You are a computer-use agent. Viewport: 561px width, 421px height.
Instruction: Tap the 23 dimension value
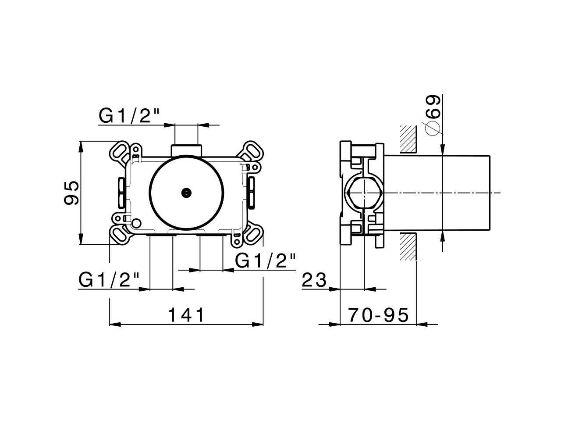click(314, 280)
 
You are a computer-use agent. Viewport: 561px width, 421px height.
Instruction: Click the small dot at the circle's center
click(187, 192)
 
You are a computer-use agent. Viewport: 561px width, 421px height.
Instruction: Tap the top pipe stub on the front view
click(187, 150)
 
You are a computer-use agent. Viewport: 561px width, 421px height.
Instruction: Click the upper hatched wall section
click(408, 139)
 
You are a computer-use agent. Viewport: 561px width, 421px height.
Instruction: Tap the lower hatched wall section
click(408, 246)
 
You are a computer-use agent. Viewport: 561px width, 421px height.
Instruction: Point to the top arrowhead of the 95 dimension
click(81, 146)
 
